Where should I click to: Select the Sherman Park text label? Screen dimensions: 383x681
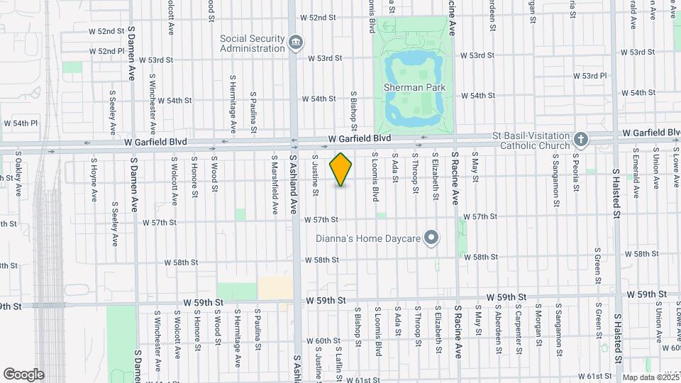[x=414, y=87]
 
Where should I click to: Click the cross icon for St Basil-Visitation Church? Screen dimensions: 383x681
[x=580, y=139]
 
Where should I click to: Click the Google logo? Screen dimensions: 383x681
[x=23, y=374]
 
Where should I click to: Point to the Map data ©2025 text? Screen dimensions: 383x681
[x=650, y=377]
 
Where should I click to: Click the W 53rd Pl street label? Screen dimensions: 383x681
[x=590, y=75]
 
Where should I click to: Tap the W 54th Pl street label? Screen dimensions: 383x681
[x=19, y=123]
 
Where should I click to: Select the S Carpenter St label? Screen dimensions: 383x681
[x=519, y=332]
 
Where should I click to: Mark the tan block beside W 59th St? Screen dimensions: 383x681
[x=275, y=288]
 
